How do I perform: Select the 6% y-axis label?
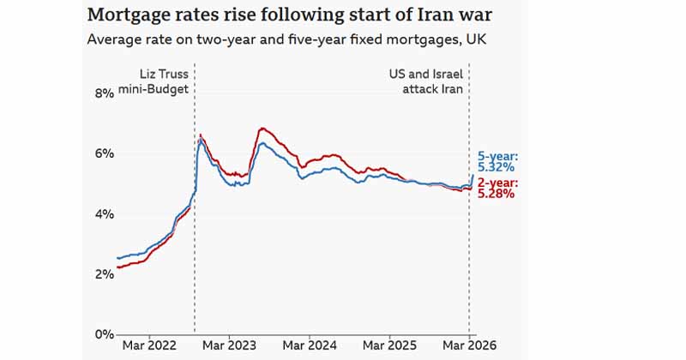(x=103, y=153)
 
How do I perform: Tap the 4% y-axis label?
(x=103, y=213)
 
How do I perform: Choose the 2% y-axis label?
(x=103, y=274)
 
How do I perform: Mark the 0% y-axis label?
(x=103, y=334)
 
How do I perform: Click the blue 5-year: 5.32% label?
(x=498, y=162)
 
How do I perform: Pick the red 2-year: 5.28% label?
(x=496, y=189)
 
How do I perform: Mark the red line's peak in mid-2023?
(x=262, y=129)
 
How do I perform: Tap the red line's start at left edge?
(x=117, y=267)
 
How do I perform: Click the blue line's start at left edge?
(x=117, y=258)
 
